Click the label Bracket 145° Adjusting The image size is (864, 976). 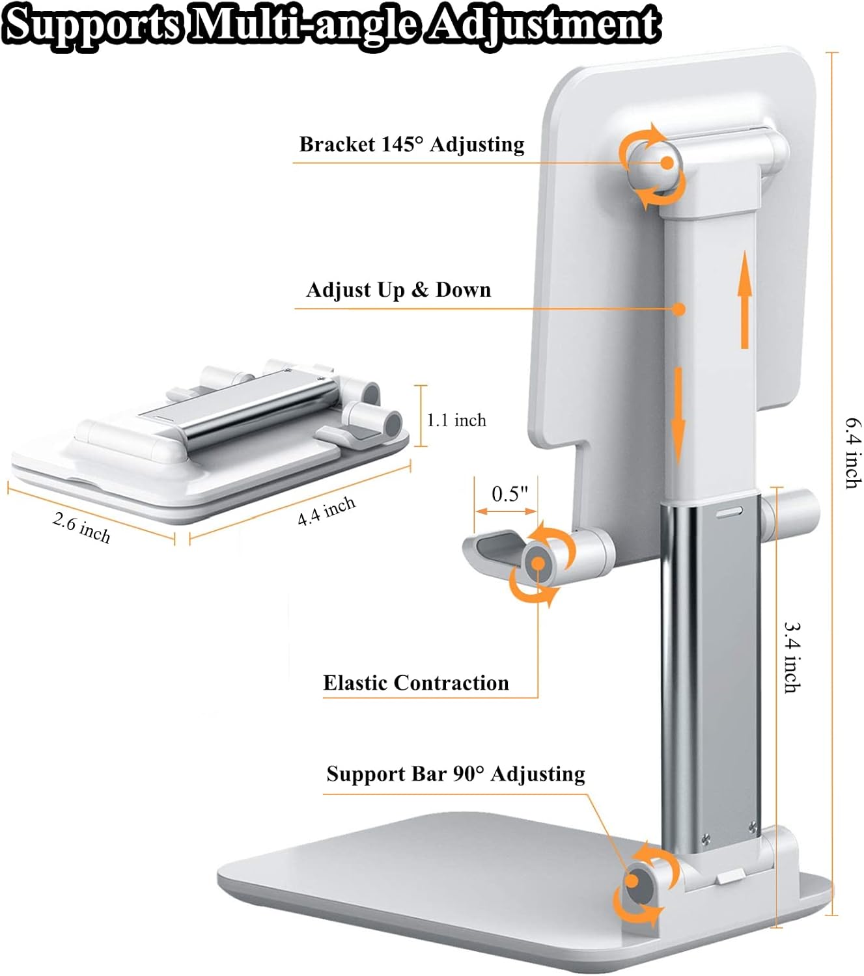[411, 144]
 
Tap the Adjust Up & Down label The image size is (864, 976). [398, 290]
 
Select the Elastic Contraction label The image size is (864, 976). [416, 683]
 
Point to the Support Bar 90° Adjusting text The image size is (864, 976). [456, 774]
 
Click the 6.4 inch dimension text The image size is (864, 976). [853, 452]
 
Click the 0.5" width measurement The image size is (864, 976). [509, 494]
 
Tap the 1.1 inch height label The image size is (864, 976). [456, 420]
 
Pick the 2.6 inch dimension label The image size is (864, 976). [81, 528]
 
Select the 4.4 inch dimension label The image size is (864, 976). [326, 511]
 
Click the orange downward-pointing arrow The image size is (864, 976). [678, 416]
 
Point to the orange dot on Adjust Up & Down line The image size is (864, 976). [679, 309]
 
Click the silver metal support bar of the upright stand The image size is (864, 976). [710, 670]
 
